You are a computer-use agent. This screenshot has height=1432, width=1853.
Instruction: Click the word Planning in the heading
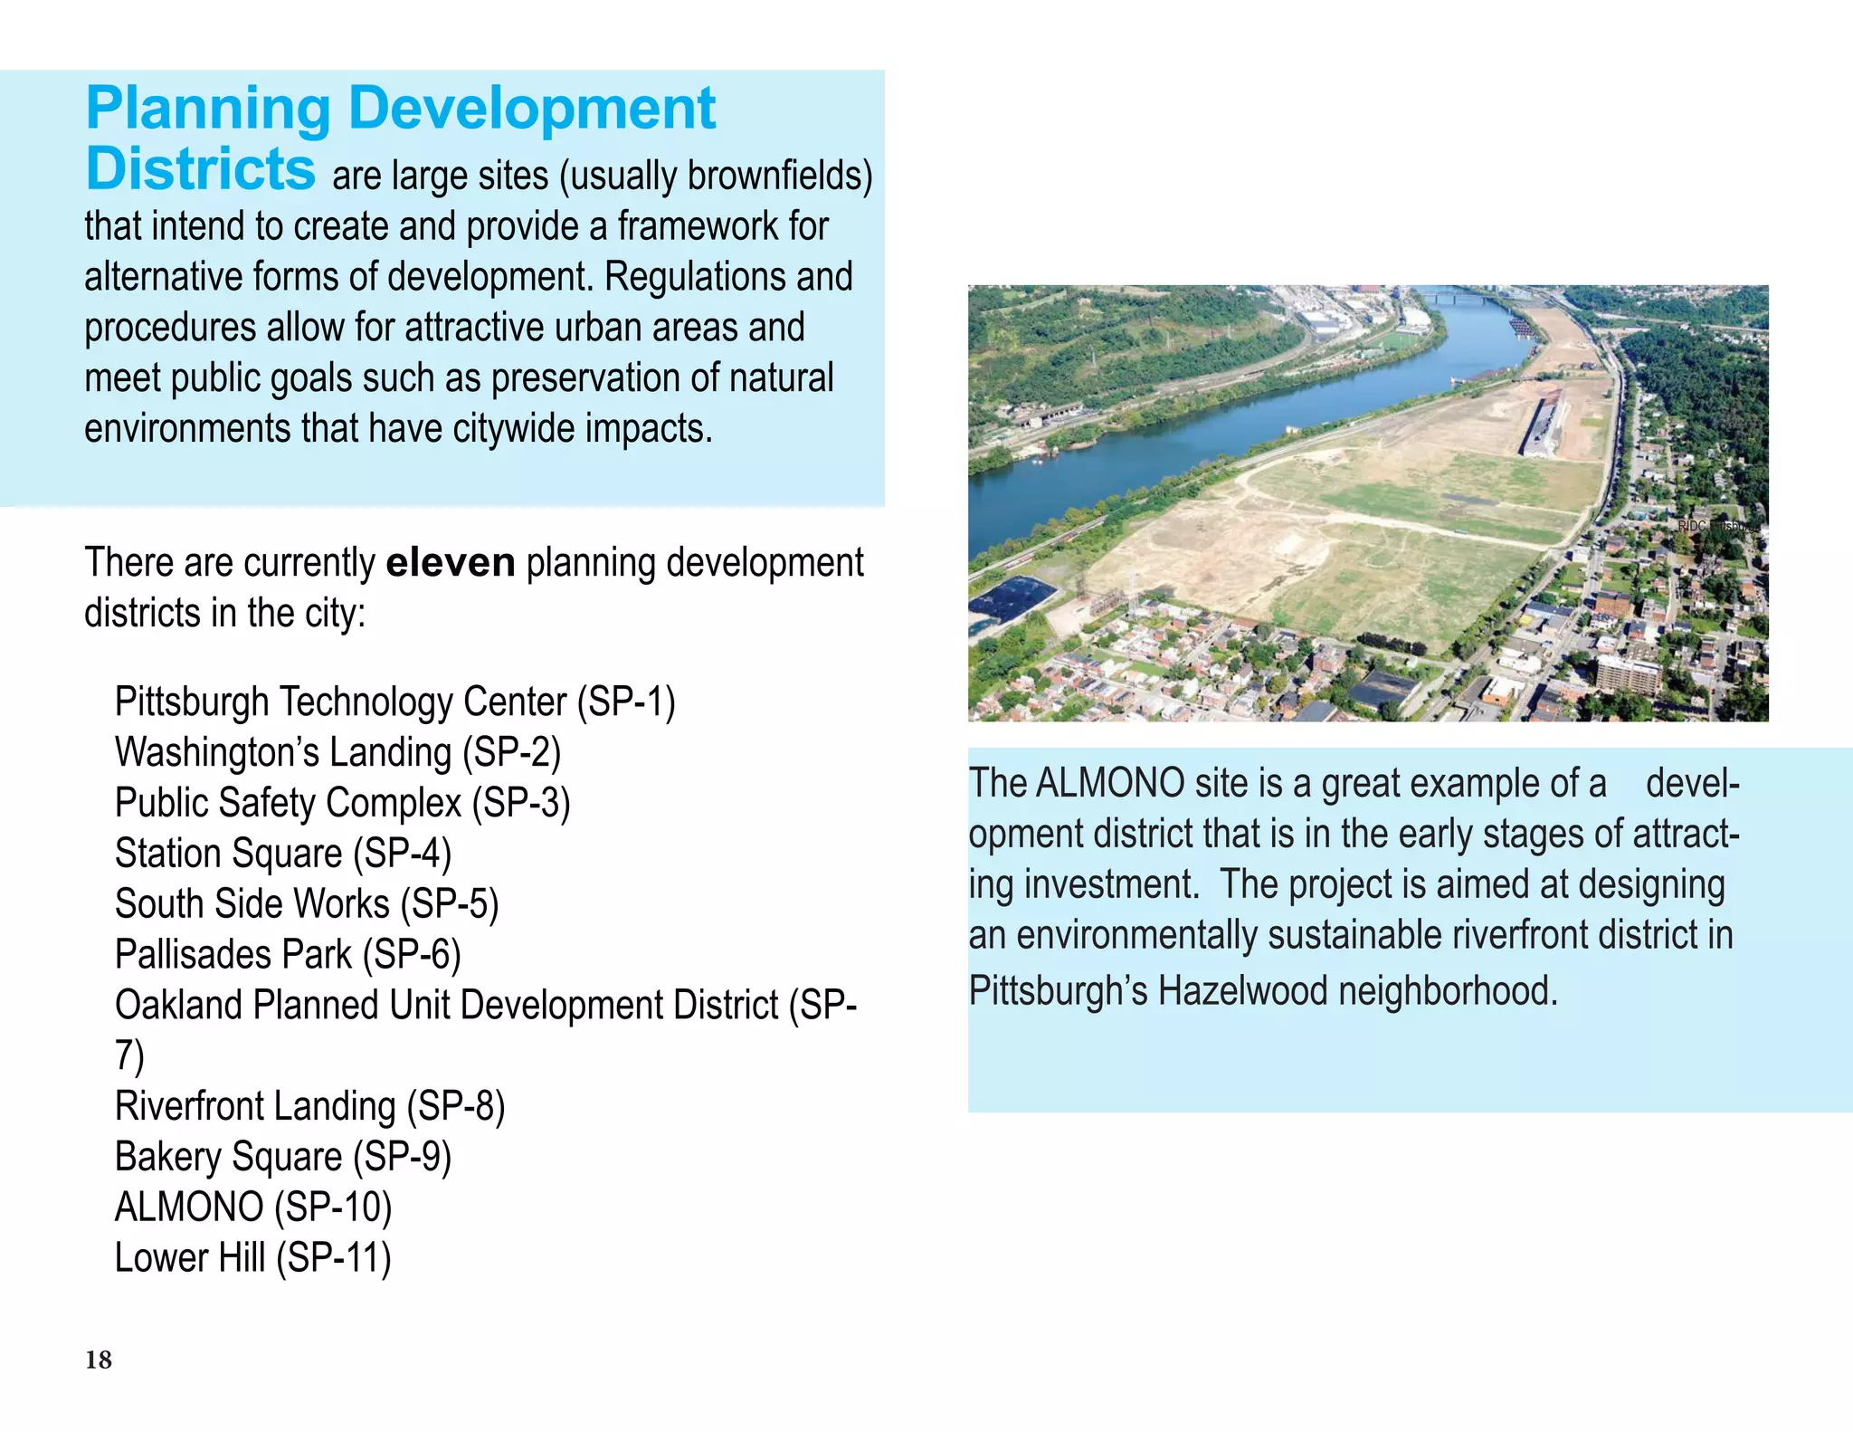pyautogui.click(x=208, y=110)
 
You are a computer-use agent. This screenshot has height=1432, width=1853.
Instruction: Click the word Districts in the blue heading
pyautogui.click(x=200, y=169)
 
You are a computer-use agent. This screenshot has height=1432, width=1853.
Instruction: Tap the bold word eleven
pyautogui.click(x=450, y=563)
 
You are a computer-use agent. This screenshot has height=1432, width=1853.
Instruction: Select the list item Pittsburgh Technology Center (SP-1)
pyautogui.click(x=394, y=702)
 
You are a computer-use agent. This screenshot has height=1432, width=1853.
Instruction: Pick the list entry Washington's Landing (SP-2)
pyautogui.click(x=337, y=753)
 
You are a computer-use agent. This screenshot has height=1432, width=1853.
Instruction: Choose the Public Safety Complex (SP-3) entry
pyautogui.click(x=342, y=804)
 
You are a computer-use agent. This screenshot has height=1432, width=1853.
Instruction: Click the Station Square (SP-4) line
pyautogui.click(x=282, y=854)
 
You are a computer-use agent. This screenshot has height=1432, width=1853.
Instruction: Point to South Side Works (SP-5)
pyautogui.click(x=307, y=905)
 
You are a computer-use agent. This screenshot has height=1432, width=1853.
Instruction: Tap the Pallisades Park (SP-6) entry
pyautogui.click(x=288, y=956)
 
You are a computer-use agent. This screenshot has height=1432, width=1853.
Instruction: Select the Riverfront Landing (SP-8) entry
pyautogui.click(x=309, y=1107)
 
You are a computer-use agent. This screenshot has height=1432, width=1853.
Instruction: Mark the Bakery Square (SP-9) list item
pyautogui.click(x=282, y=1158)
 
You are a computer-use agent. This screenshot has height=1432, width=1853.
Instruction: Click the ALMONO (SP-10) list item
pyautogui.click(x=253, y=1208)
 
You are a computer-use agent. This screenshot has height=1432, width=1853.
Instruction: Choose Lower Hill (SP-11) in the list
pyautogui.click(x=252, y=1259)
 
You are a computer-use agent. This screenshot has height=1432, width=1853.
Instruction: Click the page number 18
pyautogui.click(x=99, y=1360)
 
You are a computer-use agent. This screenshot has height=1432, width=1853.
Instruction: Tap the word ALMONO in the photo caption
pyautogui.click(x=1109, y=784)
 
